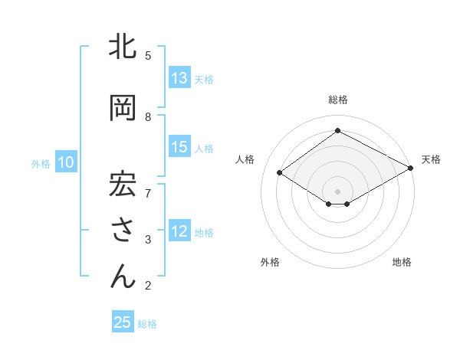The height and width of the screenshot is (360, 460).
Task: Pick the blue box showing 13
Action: click(x=179, y=78)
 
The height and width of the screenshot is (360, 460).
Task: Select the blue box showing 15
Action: click(x=179, y=147)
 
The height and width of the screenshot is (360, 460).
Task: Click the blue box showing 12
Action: click(x=179, y=231)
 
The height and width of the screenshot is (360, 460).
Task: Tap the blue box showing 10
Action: click(x=65, y=162)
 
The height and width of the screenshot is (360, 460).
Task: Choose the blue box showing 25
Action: click(x=123, y=322)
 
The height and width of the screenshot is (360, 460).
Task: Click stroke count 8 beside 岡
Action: click(x=148, y=116)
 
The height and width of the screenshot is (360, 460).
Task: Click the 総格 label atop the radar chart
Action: click(x=337, y=100)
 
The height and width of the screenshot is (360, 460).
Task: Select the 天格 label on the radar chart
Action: click(x=431, y=159)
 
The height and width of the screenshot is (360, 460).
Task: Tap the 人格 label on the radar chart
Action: click(x=245, y=159)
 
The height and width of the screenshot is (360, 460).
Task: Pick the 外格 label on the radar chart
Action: click(x=270, y=262)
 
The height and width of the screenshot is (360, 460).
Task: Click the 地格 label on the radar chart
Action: click(x=402, y=262)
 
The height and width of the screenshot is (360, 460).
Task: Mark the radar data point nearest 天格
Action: click(x=411, y=168)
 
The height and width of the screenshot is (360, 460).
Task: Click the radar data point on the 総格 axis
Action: click(x=337, y=131)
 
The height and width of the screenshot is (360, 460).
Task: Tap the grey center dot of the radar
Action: click(x=337, y=190)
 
